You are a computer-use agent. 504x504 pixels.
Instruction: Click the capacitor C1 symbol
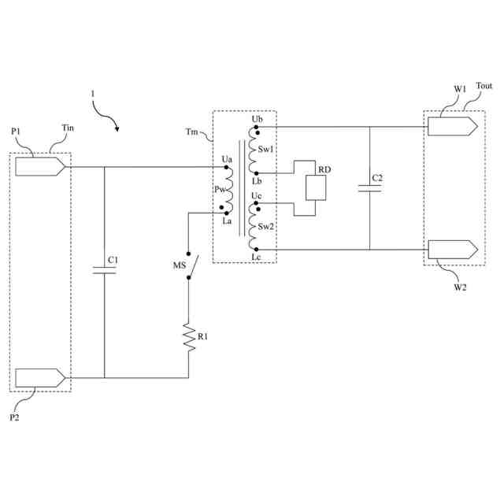104,270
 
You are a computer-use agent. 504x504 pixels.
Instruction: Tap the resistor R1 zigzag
188,337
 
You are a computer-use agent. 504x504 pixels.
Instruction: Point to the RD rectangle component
315,188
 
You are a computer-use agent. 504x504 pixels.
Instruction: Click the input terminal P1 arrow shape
39,166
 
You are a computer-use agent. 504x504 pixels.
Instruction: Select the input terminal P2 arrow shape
39,377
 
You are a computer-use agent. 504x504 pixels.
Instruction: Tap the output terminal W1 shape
452,126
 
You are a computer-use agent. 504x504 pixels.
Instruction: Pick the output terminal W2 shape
452,250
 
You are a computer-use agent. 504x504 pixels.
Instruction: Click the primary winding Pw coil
230,190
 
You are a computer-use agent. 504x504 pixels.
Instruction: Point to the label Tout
484,87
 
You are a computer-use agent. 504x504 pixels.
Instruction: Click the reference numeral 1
93,94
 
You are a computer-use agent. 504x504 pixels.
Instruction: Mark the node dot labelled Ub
254,126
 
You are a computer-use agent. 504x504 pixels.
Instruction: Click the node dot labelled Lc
254,250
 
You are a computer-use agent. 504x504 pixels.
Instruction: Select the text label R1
203,337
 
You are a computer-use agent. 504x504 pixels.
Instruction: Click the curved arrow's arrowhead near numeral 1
117,126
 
